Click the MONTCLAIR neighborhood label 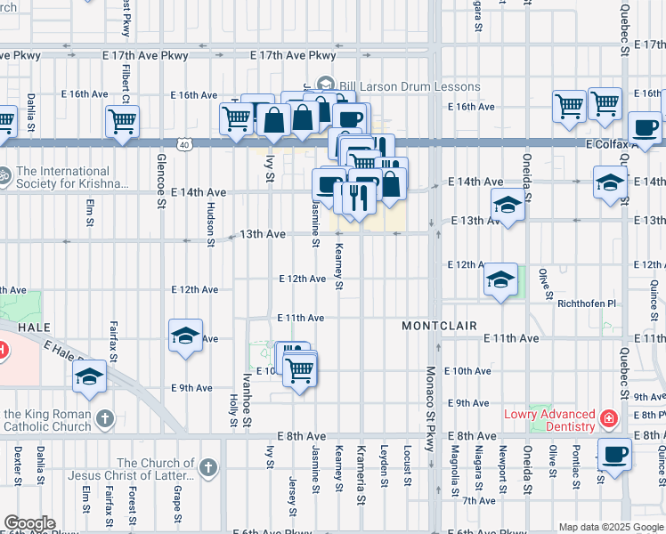click(439, 327)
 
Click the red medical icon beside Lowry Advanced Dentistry click(608, 417)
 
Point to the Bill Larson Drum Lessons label click(409, 87)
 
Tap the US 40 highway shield click(183, 142)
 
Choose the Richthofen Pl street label click(586, 303)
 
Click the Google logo click(28, 523)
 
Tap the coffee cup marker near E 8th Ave click(614, 454)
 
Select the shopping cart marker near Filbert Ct click(122, 120)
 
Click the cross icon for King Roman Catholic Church click(104, 417)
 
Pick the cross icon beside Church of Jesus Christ click(207, 467)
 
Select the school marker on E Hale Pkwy click(89, 377)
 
